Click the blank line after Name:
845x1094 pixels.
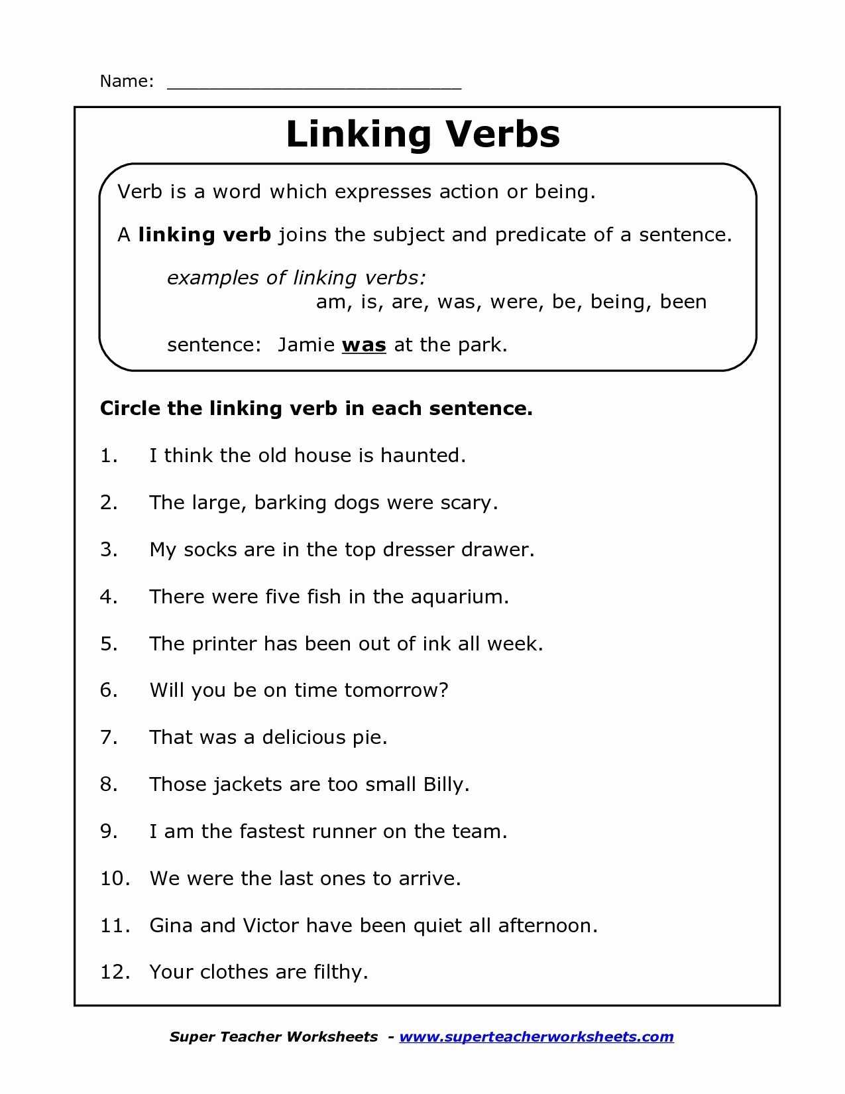pos(314,84)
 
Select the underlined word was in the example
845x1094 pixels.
pos(364,345)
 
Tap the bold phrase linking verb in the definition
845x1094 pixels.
pos(205,235)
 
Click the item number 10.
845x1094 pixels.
pos(114,879)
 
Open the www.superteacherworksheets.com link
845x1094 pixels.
pos(536,1037)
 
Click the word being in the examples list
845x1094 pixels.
pos(616,302)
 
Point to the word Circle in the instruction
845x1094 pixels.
pos(130,408)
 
